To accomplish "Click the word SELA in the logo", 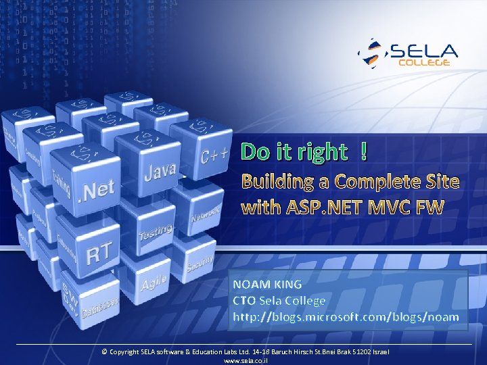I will [423, 51].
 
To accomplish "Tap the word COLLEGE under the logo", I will [424, 63].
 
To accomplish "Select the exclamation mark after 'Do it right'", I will [365, 152].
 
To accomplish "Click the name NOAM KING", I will [267, 284].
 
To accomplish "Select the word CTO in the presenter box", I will [244, 301].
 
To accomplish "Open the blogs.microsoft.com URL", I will [346, 317].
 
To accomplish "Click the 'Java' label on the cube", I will [160, 172].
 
